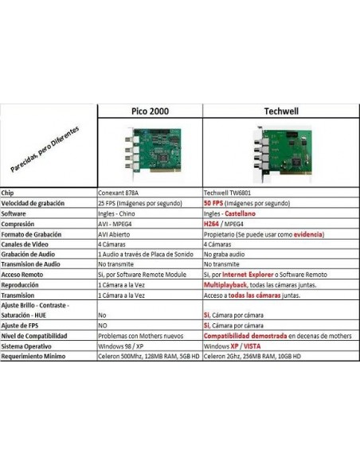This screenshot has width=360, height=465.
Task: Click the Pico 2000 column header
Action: [x=150, y=111]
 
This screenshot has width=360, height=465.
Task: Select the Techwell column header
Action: [x=281, y=111]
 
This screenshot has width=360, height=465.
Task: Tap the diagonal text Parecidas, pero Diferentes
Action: [x=45, y=149]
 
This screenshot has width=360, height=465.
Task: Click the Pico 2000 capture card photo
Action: [x=153, y=153]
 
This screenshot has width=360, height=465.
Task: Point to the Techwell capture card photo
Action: [x=283, y=154]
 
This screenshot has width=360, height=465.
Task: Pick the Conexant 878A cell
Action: [x=118, y=193]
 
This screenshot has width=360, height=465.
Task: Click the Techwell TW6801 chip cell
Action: [x=227, y=193]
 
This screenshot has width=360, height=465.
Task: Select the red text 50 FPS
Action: [x=213, y=203]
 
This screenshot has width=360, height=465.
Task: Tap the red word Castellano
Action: [x=241, y=213]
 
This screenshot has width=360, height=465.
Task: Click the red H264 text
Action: [x=211, y=224]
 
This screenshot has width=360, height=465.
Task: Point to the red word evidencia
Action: [x=307, y=234]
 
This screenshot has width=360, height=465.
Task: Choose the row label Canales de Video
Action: [x=25, y=244]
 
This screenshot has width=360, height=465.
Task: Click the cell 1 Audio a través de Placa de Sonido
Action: [x=146, y=254]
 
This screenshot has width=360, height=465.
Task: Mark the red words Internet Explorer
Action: [x=248, y=275]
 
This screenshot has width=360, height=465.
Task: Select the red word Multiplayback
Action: [x=225, y=285]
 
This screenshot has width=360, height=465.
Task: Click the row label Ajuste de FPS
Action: [x=20, y=326]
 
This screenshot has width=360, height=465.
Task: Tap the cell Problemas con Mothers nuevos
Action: [x=140, y=336]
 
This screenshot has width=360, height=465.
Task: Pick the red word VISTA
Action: [x=252, y=346]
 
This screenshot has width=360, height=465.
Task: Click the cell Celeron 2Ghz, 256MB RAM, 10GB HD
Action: [x=252, y=356]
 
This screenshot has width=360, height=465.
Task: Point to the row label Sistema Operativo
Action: [x=26, y=346]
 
